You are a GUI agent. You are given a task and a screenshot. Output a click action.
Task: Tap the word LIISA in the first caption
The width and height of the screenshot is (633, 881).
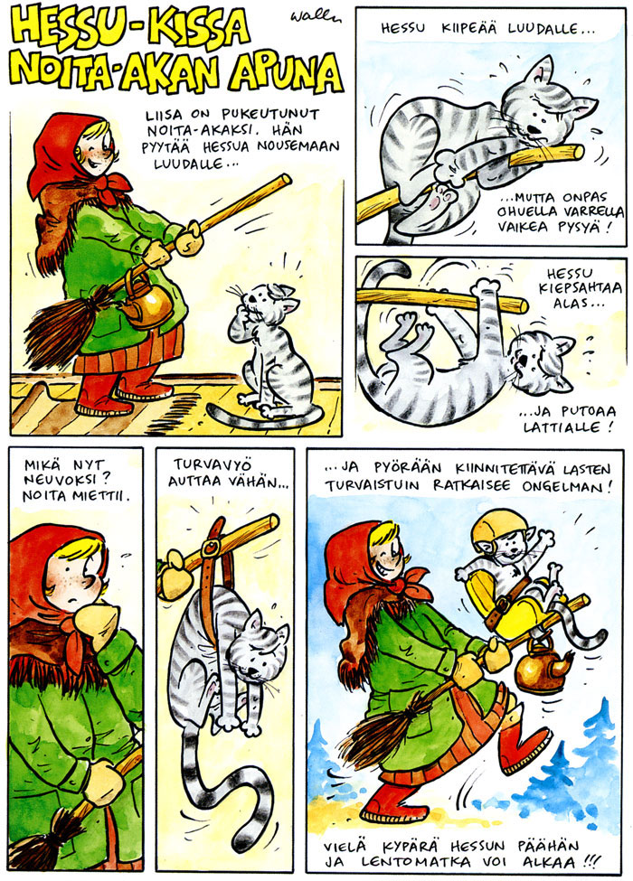click(164, 116)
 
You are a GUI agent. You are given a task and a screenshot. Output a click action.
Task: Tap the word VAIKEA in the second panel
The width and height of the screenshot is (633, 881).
click(519, 227)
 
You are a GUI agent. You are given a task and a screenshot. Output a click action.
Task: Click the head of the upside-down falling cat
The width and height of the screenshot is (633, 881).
click(542, 362)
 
